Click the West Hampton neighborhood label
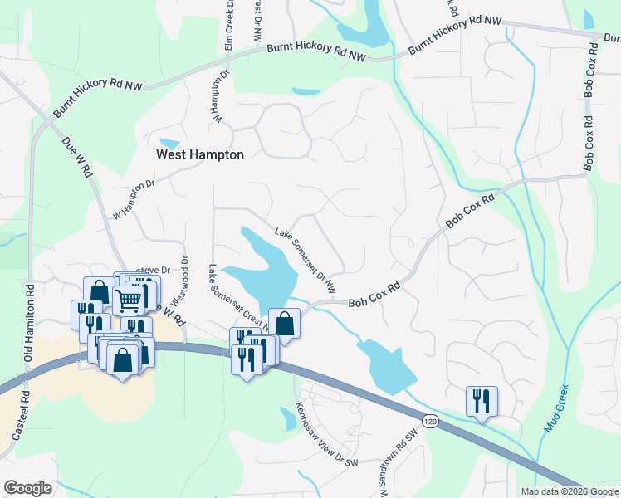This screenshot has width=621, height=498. coord(200,154)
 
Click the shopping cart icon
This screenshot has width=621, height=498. coord(129,300)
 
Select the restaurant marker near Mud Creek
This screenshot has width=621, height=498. coord(482,401)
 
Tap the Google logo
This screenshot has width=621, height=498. coord(27,488)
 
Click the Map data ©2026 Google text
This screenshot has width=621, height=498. coord(570,491)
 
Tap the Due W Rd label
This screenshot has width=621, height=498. coord(77,157)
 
